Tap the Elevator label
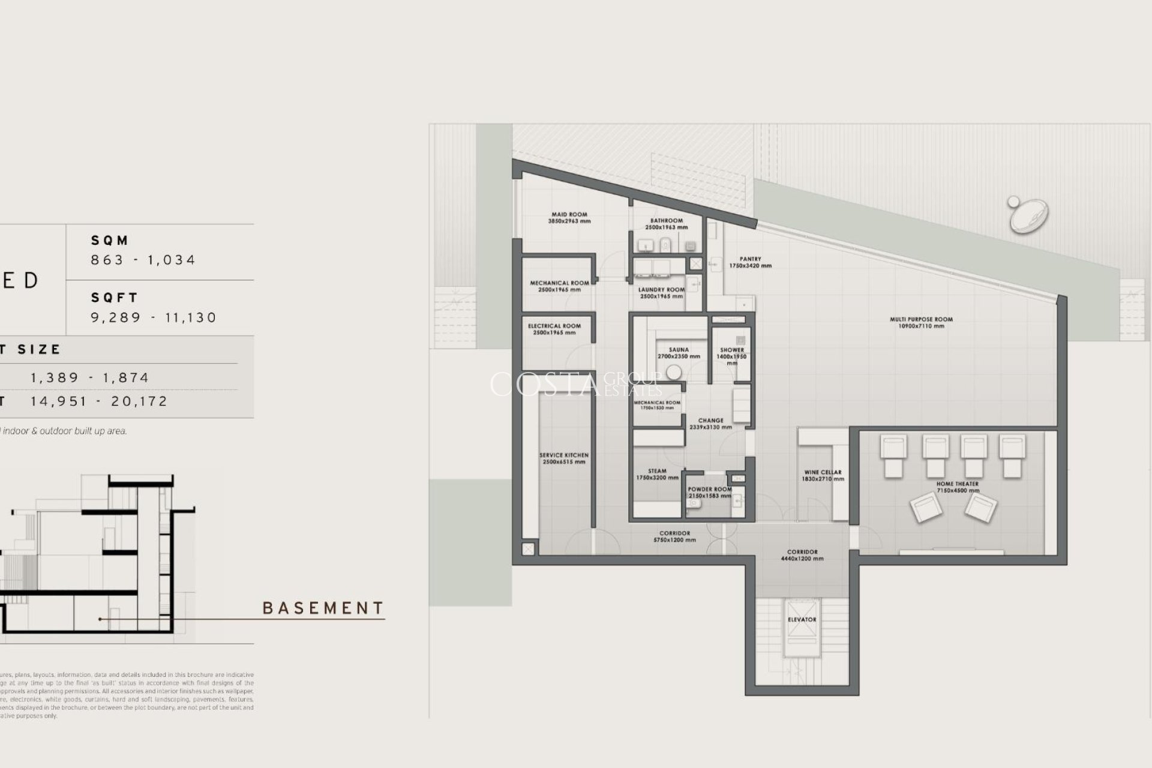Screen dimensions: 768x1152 (802, 619)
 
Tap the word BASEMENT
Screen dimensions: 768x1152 (323, 608)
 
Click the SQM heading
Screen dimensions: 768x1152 (110, 241)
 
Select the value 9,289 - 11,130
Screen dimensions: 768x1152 (154, 317)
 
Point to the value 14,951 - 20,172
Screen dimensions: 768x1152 (99, 401)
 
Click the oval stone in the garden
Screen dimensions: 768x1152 (1028, 216)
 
